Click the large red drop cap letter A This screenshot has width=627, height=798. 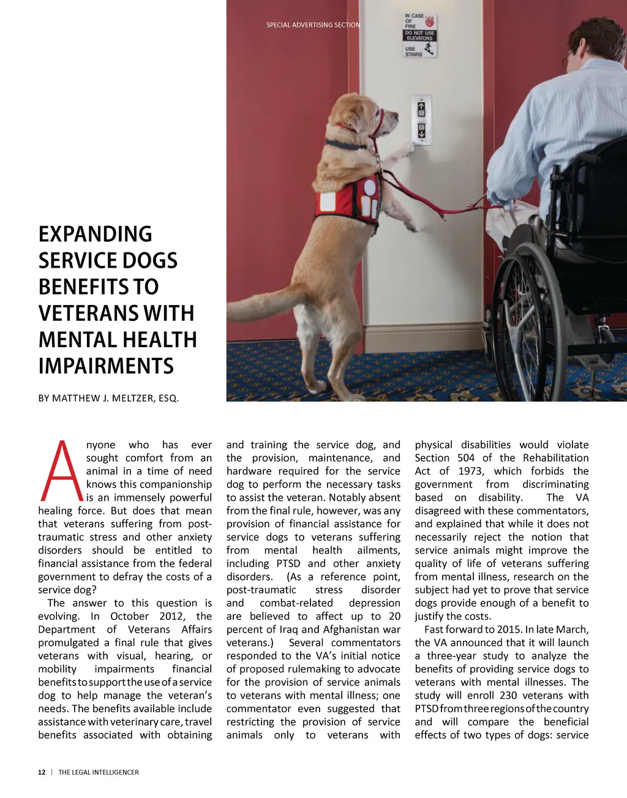pyautogui.click(x=61, y=470)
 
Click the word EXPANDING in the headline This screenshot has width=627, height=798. pyautogui.click(x=96, y=235)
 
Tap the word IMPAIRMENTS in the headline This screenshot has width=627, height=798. pyautogui.click(x=106, y=366)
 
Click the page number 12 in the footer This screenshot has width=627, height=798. pyautogui.click(x=42, y=772)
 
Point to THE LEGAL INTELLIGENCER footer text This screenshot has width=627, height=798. pyautogui.click(x=99, y=772)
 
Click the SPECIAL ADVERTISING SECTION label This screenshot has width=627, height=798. pyautogui.click(x=313, y=25)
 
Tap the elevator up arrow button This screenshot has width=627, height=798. pyautogui.click(x=421, y=108)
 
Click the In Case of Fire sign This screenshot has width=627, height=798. pyautogui.click(x=419, y=36)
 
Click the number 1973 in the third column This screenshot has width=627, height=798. pyautogui.click(x=469, y=471)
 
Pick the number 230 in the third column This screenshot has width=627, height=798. pyautogui.click(x=508, y=695)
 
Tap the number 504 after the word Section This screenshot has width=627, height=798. pyautogui.click(x=466, y=458)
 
